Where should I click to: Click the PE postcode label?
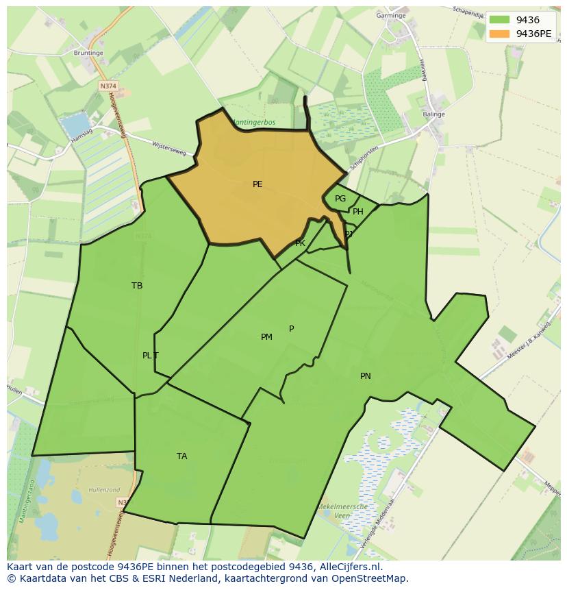coord(257,184)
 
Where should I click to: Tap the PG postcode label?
coord(340,199)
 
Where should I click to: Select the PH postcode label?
coord(358,212)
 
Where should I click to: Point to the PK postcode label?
coord(300,243)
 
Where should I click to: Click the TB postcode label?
coord(137,286)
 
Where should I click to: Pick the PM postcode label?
coord(266,337)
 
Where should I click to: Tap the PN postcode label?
coord(366,376)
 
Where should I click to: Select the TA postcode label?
coord(181,456)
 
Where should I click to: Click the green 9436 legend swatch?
coord(499,21)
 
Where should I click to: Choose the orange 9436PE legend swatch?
coord(499,34)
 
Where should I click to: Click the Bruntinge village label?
coord(88,52)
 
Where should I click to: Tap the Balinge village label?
coord(434,114)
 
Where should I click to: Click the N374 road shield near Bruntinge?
coord(108,86)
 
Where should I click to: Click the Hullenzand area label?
coord(104,491)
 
